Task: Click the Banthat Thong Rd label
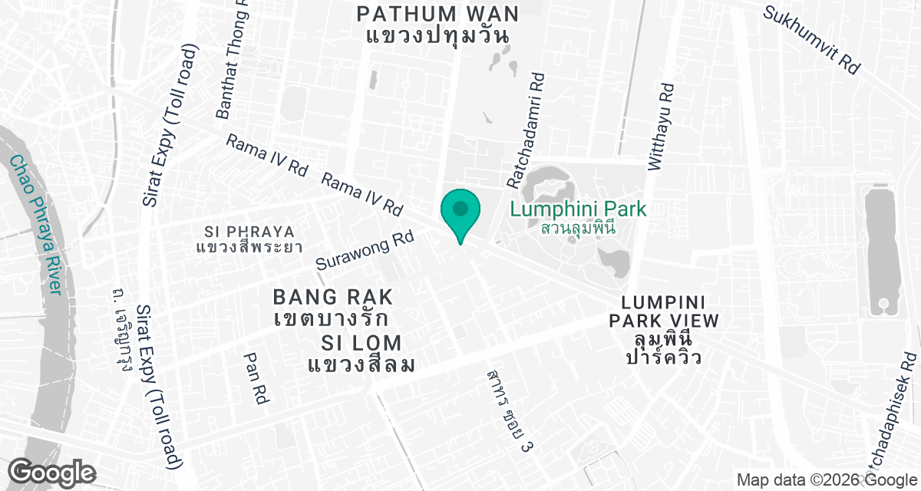pos(233,61)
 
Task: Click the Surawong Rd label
pos(365,251)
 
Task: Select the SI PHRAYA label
pos(249,231)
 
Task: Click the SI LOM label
pos(362,343)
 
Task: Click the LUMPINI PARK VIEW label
pos(665,311)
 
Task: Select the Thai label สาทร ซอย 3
pos(510,410)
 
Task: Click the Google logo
pos(51,471)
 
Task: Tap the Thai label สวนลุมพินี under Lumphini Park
pos(579,228)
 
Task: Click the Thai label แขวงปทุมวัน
pos(439,35)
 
